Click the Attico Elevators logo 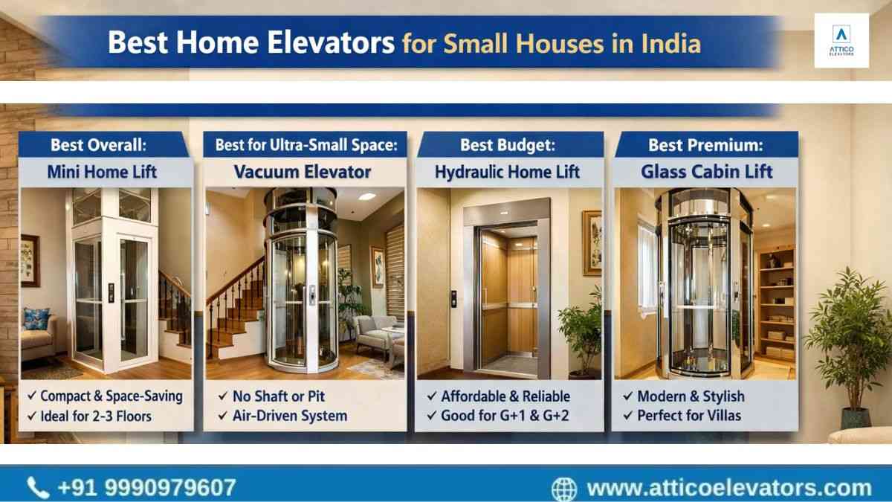point(841,40)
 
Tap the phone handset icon point(38,488)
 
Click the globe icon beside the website point(564,489)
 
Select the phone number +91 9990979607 point(147,488)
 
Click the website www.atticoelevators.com point(729,489)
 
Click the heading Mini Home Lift point(102,172)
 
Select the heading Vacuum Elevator point(303,172)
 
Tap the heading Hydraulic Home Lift point(507,172)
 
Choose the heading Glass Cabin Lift point(707,172)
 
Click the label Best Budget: point(508,146)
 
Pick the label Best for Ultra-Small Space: point(306,146)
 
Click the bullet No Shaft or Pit point(278,396)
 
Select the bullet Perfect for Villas point(689,416)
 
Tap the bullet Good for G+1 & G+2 point(505,416)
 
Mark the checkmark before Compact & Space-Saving point(32,396)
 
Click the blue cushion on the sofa point(36,319)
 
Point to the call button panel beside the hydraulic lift point(453,299)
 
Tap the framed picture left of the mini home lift point(30,260)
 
